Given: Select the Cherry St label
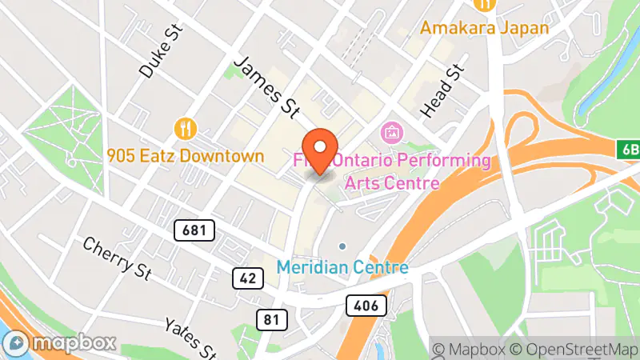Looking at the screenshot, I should tap(117, 258).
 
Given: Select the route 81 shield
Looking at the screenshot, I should tap(272, 320).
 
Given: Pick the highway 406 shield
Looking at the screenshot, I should tap(367, 304).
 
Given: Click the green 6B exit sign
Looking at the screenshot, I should tap(628, 149).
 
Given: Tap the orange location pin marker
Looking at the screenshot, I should tap(321, 150).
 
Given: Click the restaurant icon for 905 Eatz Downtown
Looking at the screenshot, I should tap(186, 128).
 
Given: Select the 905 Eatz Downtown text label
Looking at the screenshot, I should tap(186, 155).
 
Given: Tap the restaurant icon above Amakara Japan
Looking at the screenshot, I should tap(483, 4).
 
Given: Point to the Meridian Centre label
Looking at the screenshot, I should tap(343, 267).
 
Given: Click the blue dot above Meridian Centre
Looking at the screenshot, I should tap(342, 246).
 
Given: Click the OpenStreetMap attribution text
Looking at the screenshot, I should tap(574, 349).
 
